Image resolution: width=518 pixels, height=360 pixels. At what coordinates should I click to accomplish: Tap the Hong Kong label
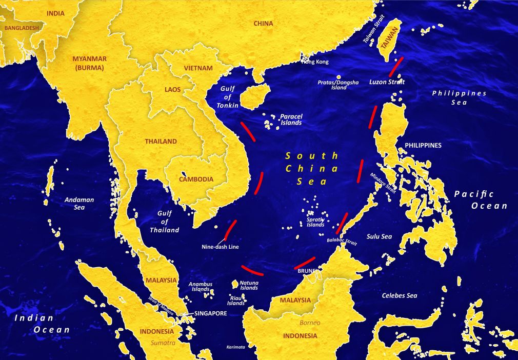[314, 62]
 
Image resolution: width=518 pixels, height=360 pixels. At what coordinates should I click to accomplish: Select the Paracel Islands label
[291, 119]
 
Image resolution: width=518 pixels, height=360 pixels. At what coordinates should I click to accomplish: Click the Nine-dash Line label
[220, 247]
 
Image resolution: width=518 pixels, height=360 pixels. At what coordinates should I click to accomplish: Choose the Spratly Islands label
[315, 222]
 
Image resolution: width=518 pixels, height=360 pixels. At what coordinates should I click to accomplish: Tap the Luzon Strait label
[387, 82]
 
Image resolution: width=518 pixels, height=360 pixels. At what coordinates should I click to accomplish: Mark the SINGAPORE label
[210, 313]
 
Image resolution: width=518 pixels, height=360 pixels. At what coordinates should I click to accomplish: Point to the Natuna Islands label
[249, 285]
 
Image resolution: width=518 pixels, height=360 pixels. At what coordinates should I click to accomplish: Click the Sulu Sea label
[379, 236]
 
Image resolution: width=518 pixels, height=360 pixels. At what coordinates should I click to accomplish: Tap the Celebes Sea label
[400, 295]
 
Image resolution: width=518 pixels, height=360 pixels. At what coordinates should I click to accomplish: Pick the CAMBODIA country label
[196, 179]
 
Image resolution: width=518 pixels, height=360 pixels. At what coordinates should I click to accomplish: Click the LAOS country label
[173, 89]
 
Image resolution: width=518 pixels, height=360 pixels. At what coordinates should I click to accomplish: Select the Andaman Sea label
[79, 204]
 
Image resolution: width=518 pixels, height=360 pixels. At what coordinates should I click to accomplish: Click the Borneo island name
[310, 323]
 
